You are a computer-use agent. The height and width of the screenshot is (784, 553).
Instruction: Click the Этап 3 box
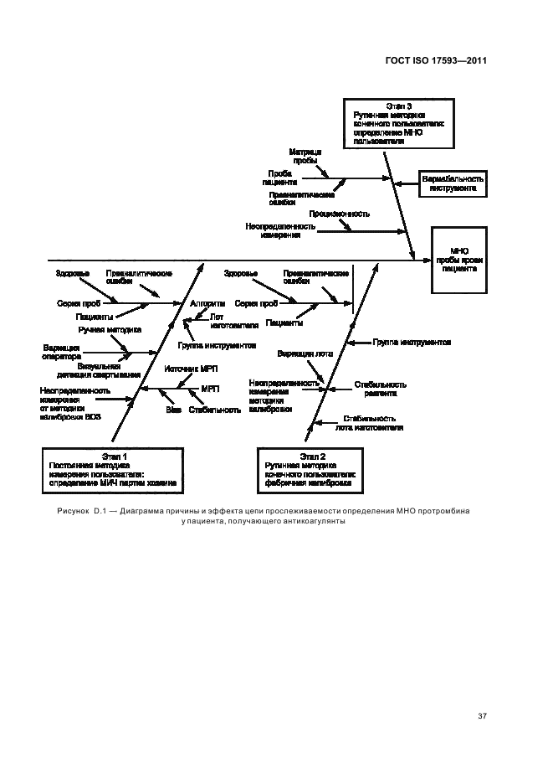click(x=398, y=125)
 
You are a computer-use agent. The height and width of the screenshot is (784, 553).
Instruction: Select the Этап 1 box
click(x=114, y=470)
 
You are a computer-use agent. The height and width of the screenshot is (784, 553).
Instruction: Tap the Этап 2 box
click(x=311, y=470)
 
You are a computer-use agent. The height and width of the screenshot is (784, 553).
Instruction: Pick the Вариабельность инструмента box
click(x=453, y=183)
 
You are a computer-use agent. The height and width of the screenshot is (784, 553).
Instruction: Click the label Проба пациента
click(x=279, y=177)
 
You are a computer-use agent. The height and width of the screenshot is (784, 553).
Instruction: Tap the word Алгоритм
click(x=207, y=303)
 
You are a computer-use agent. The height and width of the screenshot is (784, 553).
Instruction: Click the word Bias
click(x=173, y=410)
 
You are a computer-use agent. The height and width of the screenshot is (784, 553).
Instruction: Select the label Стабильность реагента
click(x=375, y=388)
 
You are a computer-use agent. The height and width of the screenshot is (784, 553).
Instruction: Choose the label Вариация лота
click(x=305, y=353)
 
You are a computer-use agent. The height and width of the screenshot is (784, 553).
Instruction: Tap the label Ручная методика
click(x=110, y=330)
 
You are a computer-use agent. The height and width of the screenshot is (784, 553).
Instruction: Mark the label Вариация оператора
click(x=61, y=351)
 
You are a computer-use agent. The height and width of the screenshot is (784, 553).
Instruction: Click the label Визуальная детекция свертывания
click(x=109, y=370)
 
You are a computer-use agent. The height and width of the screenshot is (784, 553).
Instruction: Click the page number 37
click(x=482, y=716)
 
